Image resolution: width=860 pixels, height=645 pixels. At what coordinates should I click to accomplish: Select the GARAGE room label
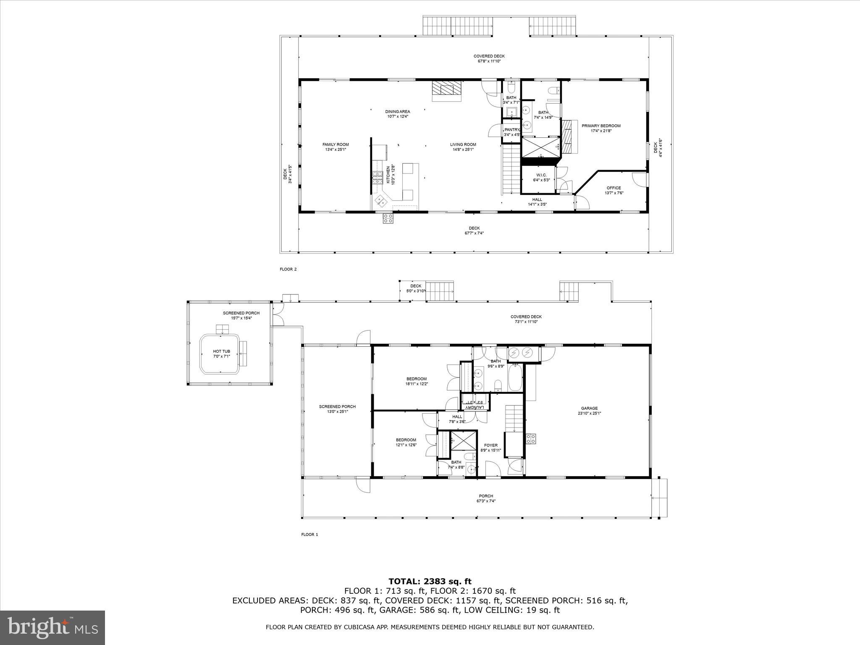pyautogui.click(x=589, y=408)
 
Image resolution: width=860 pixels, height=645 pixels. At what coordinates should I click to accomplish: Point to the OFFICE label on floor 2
pyautogui.click(x=614, y=188)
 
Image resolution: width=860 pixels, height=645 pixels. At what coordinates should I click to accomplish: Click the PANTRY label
pyautogui.click(x=512, y=130)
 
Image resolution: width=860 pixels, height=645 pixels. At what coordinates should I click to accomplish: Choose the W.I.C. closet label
pyautogui.click(x=541, y=175)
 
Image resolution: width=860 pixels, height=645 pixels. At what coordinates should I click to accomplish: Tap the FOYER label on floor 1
pyautogui.click(x=490, y=446)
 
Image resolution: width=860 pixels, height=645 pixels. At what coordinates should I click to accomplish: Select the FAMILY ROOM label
pyautogui.click(x=336, y=145)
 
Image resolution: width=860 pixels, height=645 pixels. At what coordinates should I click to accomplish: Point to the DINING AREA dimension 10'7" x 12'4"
pyautogui.click(x=397, y=117)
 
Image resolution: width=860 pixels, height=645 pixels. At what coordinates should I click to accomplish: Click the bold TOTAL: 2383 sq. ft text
pyautogui.click(x=430, y=582)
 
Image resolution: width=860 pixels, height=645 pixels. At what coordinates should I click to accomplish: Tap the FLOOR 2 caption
pyautogui.click(x=288, y=269)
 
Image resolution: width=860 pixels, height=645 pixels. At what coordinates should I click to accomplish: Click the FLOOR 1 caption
pyautogui.click(x=309, y=535)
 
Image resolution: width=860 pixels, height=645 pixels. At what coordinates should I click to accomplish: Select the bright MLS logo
pyautogui.click(x=52, y=627)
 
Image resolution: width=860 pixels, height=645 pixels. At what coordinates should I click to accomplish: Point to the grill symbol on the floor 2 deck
pyautogui.click(x=388, y=218)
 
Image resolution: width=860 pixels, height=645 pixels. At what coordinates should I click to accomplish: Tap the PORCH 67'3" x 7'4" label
pyautogui.click(x=486, y=498)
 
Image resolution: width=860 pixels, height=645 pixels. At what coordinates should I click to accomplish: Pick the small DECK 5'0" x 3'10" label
pyautogui.click(x=416, y=288)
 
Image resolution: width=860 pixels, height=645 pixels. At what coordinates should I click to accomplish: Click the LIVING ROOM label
pyautogui.click(x=463, y=145)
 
